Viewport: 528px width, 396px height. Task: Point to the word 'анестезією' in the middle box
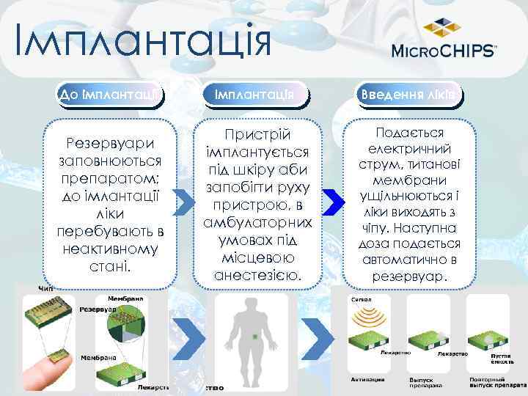point(254,275)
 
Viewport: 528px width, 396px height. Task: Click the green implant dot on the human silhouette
point(254,337)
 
